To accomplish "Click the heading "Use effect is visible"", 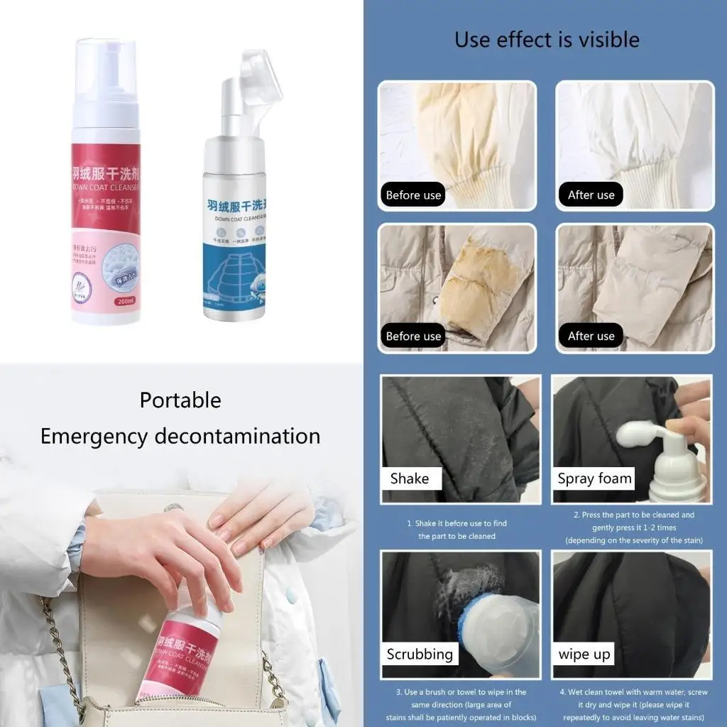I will [547, 39].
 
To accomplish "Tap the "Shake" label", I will [410, 479].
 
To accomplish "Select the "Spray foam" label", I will [594, 479].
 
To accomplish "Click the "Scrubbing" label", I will [420, 654].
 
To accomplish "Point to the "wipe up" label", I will [584, 654].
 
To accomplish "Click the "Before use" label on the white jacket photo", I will [413, 195].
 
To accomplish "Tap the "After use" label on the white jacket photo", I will [591, 195].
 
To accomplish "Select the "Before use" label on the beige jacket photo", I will [413, 337].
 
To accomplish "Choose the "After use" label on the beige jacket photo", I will [591, 337].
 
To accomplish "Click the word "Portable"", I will [180, 400].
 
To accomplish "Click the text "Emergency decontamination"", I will [180, 435].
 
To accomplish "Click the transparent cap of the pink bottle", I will [107, 71].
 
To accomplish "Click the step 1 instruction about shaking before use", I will [457, 530].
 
